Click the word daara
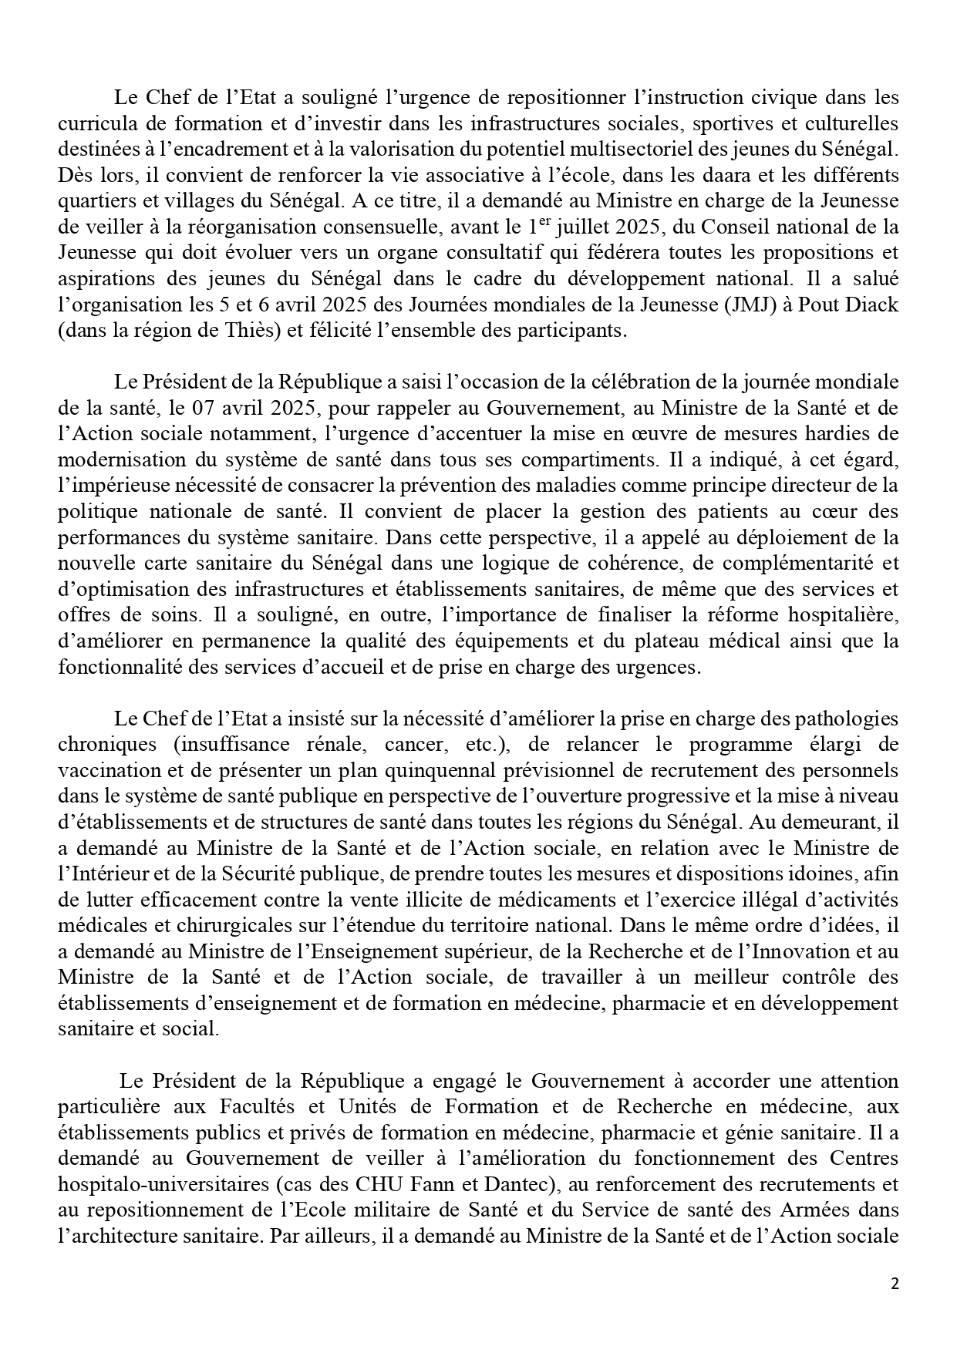pyautogui.click(x=699, y=173)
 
